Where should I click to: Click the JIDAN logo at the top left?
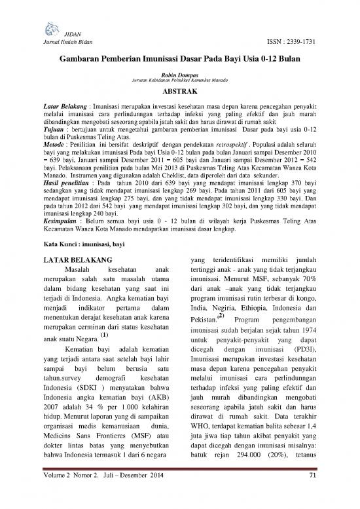[x=51, y=24]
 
